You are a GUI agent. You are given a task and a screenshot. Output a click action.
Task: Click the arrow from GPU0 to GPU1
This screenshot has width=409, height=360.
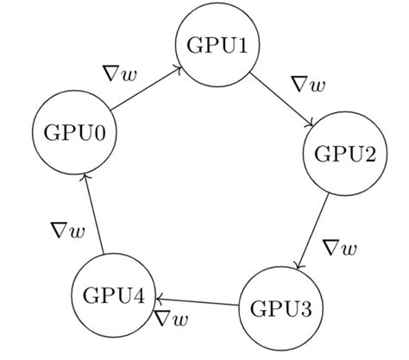(x=146, y=89)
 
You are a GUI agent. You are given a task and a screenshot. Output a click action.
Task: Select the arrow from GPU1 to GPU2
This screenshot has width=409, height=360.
(x=281, y=99)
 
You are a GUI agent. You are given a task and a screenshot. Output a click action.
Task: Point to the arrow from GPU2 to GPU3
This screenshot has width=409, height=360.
(x=312, y=231)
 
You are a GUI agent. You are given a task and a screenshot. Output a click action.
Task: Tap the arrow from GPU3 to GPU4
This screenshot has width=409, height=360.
(x=198, y=302)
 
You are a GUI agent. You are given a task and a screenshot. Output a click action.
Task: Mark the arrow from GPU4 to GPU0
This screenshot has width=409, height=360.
(x=93, y=214)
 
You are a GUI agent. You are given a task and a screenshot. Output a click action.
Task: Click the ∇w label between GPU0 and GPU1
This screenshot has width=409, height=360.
(x=121, y=74)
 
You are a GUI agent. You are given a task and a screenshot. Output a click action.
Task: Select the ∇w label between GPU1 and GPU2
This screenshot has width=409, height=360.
(x=309, y=84)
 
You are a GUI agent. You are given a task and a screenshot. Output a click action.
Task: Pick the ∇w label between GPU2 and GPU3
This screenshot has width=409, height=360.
(x=340, y=248)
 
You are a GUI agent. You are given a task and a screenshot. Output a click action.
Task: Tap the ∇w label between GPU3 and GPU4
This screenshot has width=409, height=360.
(x=172, y=319)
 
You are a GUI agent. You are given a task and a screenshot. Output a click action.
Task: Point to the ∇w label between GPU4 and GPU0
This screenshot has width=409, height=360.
(x=68, y=231)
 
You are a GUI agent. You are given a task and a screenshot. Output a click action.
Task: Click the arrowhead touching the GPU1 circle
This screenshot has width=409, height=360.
(x=179, y=69)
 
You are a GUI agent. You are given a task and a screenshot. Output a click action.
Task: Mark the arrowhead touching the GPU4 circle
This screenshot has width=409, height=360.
(x=159, y=300)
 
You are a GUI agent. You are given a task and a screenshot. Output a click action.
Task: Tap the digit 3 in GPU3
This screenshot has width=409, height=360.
(x=305, y=308)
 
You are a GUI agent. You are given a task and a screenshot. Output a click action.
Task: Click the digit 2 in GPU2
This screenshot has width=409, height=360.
(x=369, y=154)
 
